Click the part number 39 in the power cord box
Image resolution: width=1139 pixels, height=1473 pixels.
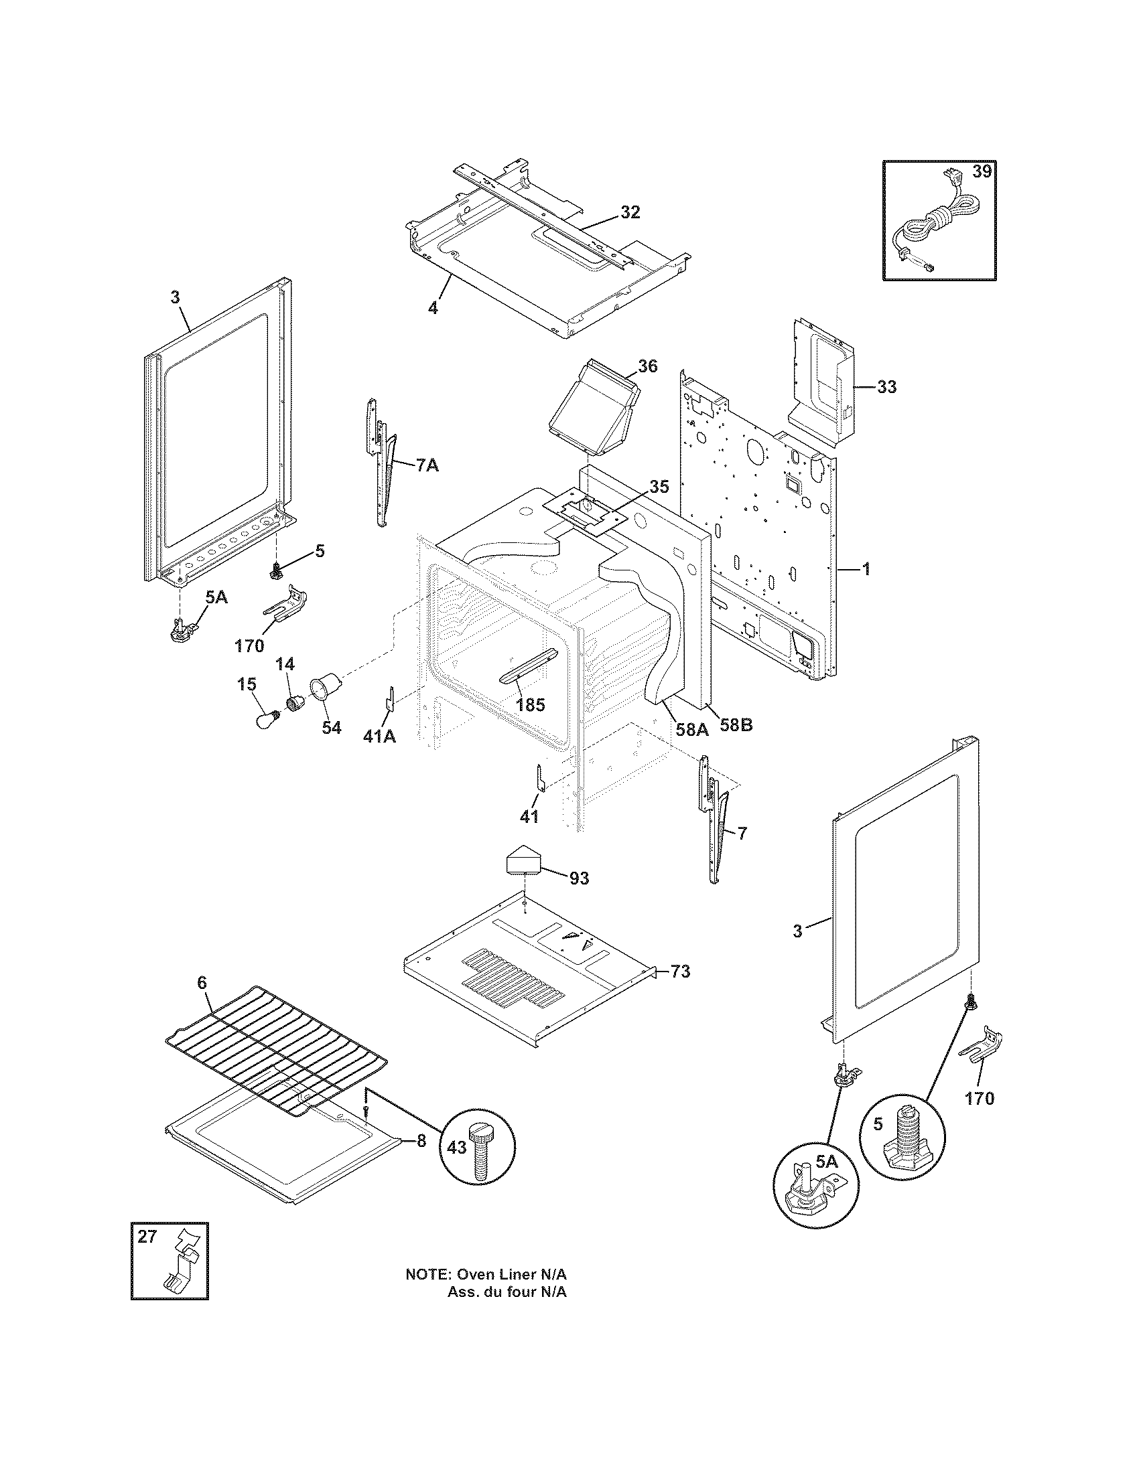click(x=982, y=171)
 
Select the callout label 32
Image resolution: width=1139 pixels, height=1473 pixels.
click(x=630, y=212)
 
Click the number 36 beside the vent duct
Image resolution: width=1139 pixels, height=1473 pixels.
click(x=647, y=366)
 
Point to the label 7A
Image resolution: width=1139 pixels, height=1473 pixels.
click(x=425, y=465)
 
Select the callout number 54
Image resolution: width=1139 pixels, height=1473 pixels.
click(x=330, y=728)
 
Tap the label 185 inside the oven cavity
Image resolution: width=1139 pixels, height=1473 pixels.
click(x=530, y=706)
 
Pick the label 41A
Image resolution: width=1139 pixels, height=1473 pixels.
click(x=379, y=736)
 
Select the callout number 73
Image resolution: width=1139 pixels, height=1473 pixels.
click(x=680, y=972)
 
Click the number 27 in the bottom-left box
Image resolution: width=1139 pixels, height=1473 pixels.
click(x=147, y=1236)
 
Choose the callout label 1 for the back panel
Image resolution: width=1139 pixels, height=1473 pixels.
click(x=866, y=570)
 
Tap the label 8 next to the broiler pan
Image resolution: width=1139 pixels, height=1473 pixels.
click(x=421, y=1140)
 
